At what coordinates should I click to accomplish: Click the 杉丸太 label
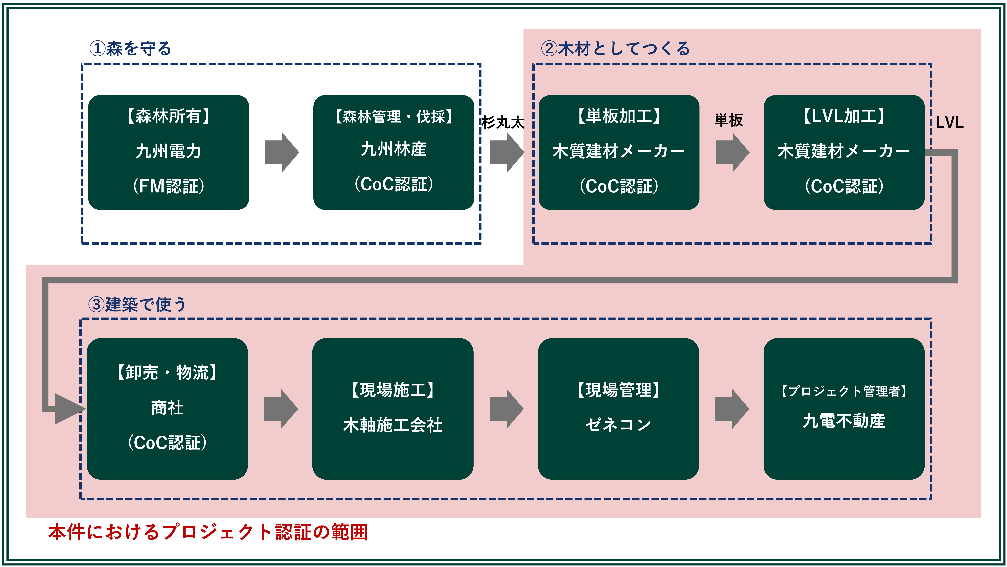pyautogui.click(x=503, y=122)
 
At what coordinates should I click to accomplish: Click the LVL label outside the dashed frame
pyautogui.click(x=949, y=122)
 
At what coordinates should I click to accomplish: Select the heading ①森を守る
pyautogui.click(x=130, y=49)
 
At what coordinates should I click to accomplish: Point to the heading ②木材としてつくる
pyautogui.click(x=615, y=49)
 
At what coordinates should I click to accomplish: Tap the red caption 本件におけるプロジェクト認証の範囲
pyautogui.click(x=208, y=532)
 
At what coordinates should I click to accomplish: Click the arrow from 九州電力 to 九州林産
pyautogui.click(x=281, y=152)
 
